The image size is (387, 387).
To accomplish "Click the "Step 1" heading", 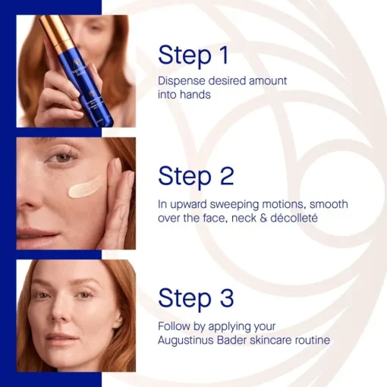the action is coord(193,55).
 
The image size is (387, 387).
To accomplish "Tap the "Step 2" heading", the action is coord(196,176).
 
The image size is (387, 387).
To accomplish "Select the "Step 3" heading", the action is coord(196,297).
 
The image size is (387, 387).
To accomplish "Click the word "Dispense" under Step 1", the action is coord(181,81).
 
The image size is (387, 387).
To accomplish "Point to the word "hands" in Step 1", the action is coord(195,95).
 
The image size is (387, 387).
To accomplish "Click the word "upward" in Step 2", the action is coord(188,205).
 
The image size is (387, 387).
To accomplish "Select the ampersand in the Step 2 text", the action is coord(263,218).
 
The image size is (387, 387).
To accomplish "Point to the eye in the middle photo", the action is coord(62,158).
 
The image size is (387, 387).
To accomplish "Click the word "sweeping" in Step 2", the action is coord(234,205).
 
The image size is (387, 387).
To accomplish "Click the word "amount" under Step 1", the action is coord(268,81).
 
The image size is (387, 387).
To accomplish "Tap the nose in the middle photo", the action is coord(30,192).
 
